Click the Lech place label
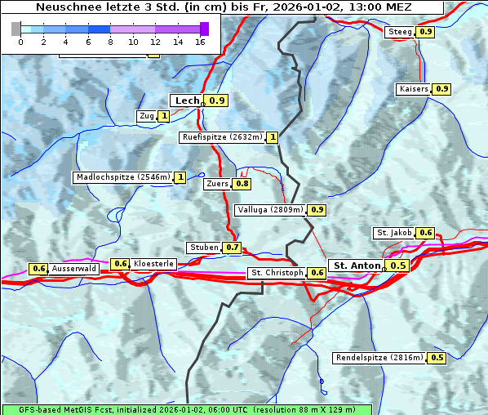187,100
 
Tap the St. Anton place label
357,266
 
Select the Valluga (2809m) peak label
270,210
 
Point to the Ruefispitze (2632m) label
222,137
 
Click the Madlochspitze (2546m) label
122,177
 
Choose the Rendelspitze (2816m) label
379,358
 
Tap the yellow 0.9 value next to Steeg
425,32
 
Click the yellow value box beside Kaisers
441,89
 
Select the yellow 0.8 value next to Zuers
242,184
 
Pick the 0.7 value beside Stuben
233,248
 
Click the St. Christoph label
277,273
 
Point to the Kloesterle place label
153,264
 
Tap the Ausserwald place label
74,269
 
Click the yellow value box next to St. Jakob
425,233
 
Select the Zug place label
147,116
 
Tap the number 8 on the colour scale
110,42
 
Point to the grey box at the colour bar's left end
16,29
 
